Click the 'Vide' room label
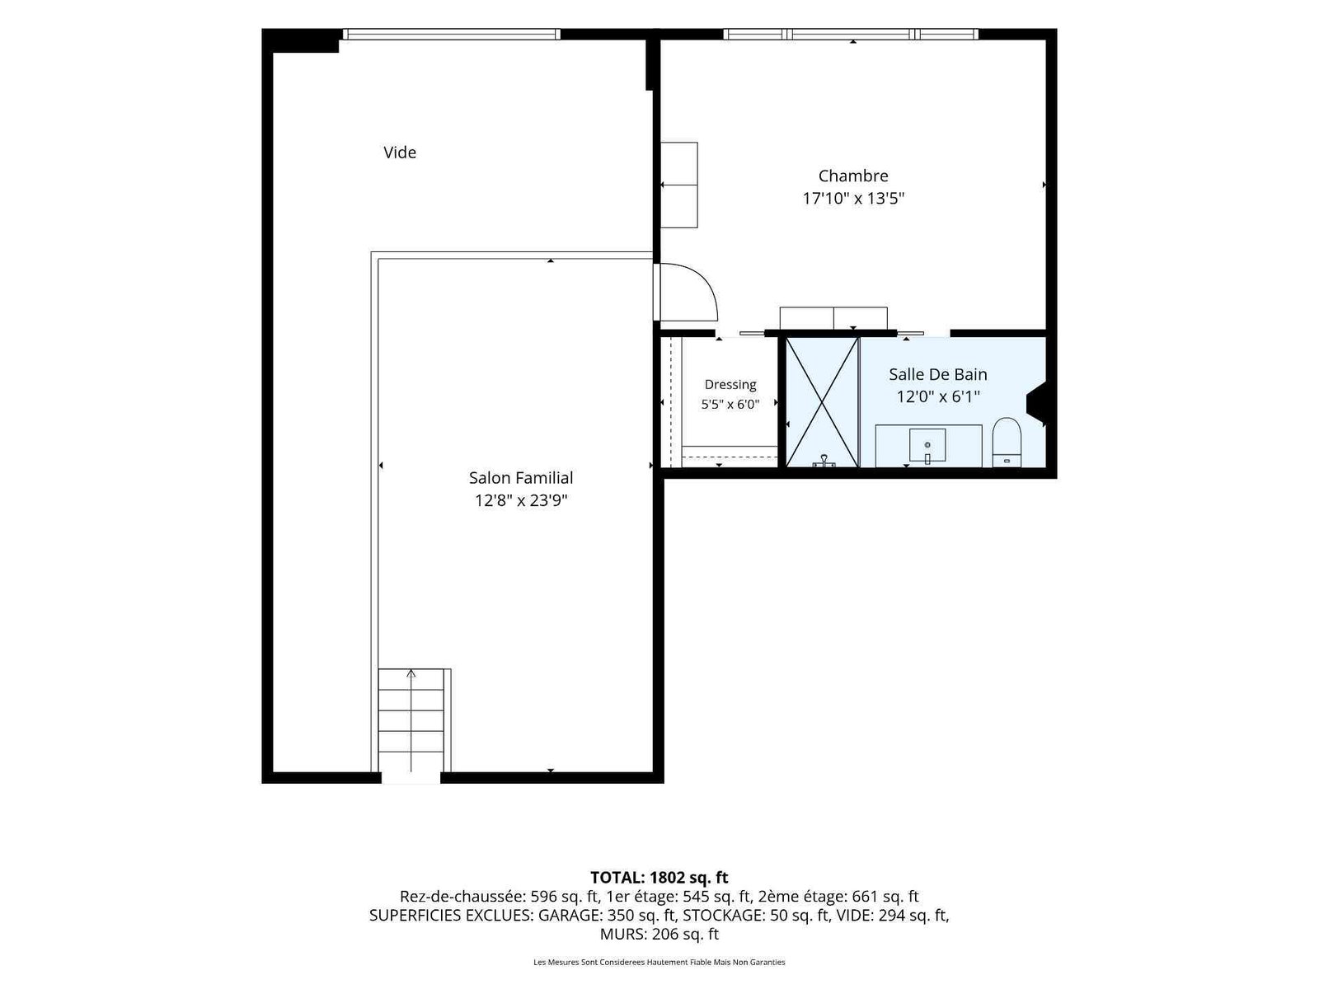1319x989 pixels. coord(400,152)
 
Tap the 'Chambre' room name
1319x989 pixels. coord(852,176)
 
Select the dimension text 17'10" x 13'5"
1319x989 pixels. coord(852,198)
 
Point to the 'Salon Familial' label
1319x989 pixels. coord(520,478)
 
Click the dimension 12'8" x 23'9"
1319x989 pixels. coord(520,500)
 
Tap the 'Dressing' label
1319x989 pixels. coord(730,385)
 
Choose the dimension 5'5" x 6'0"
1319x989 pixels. coord(730,404)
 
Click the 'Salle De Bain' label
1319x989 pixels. coord(937,374)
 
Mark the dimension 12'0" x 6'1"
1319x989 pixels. coord(937,396)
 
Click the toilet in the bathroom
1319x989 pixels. coord(1007,442)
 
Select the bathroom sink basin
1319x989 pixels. coord(927,446)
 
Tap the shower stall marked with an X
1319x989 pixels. coord(821,401)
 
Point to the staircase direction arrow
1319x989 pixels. coord(411,720)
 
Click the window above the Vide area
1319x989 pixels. coord(451,35)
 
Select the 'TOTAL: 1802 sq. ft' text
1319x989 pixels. coord(659,877)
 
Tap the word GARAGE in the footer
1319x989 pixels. coord(569,915)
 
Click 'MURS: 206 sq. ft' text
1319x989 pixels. coord(659,934)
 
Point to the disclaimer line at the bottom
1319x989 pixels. coord(659,962)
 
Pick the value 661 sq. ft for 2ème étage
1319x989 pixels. coord(885,897)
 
